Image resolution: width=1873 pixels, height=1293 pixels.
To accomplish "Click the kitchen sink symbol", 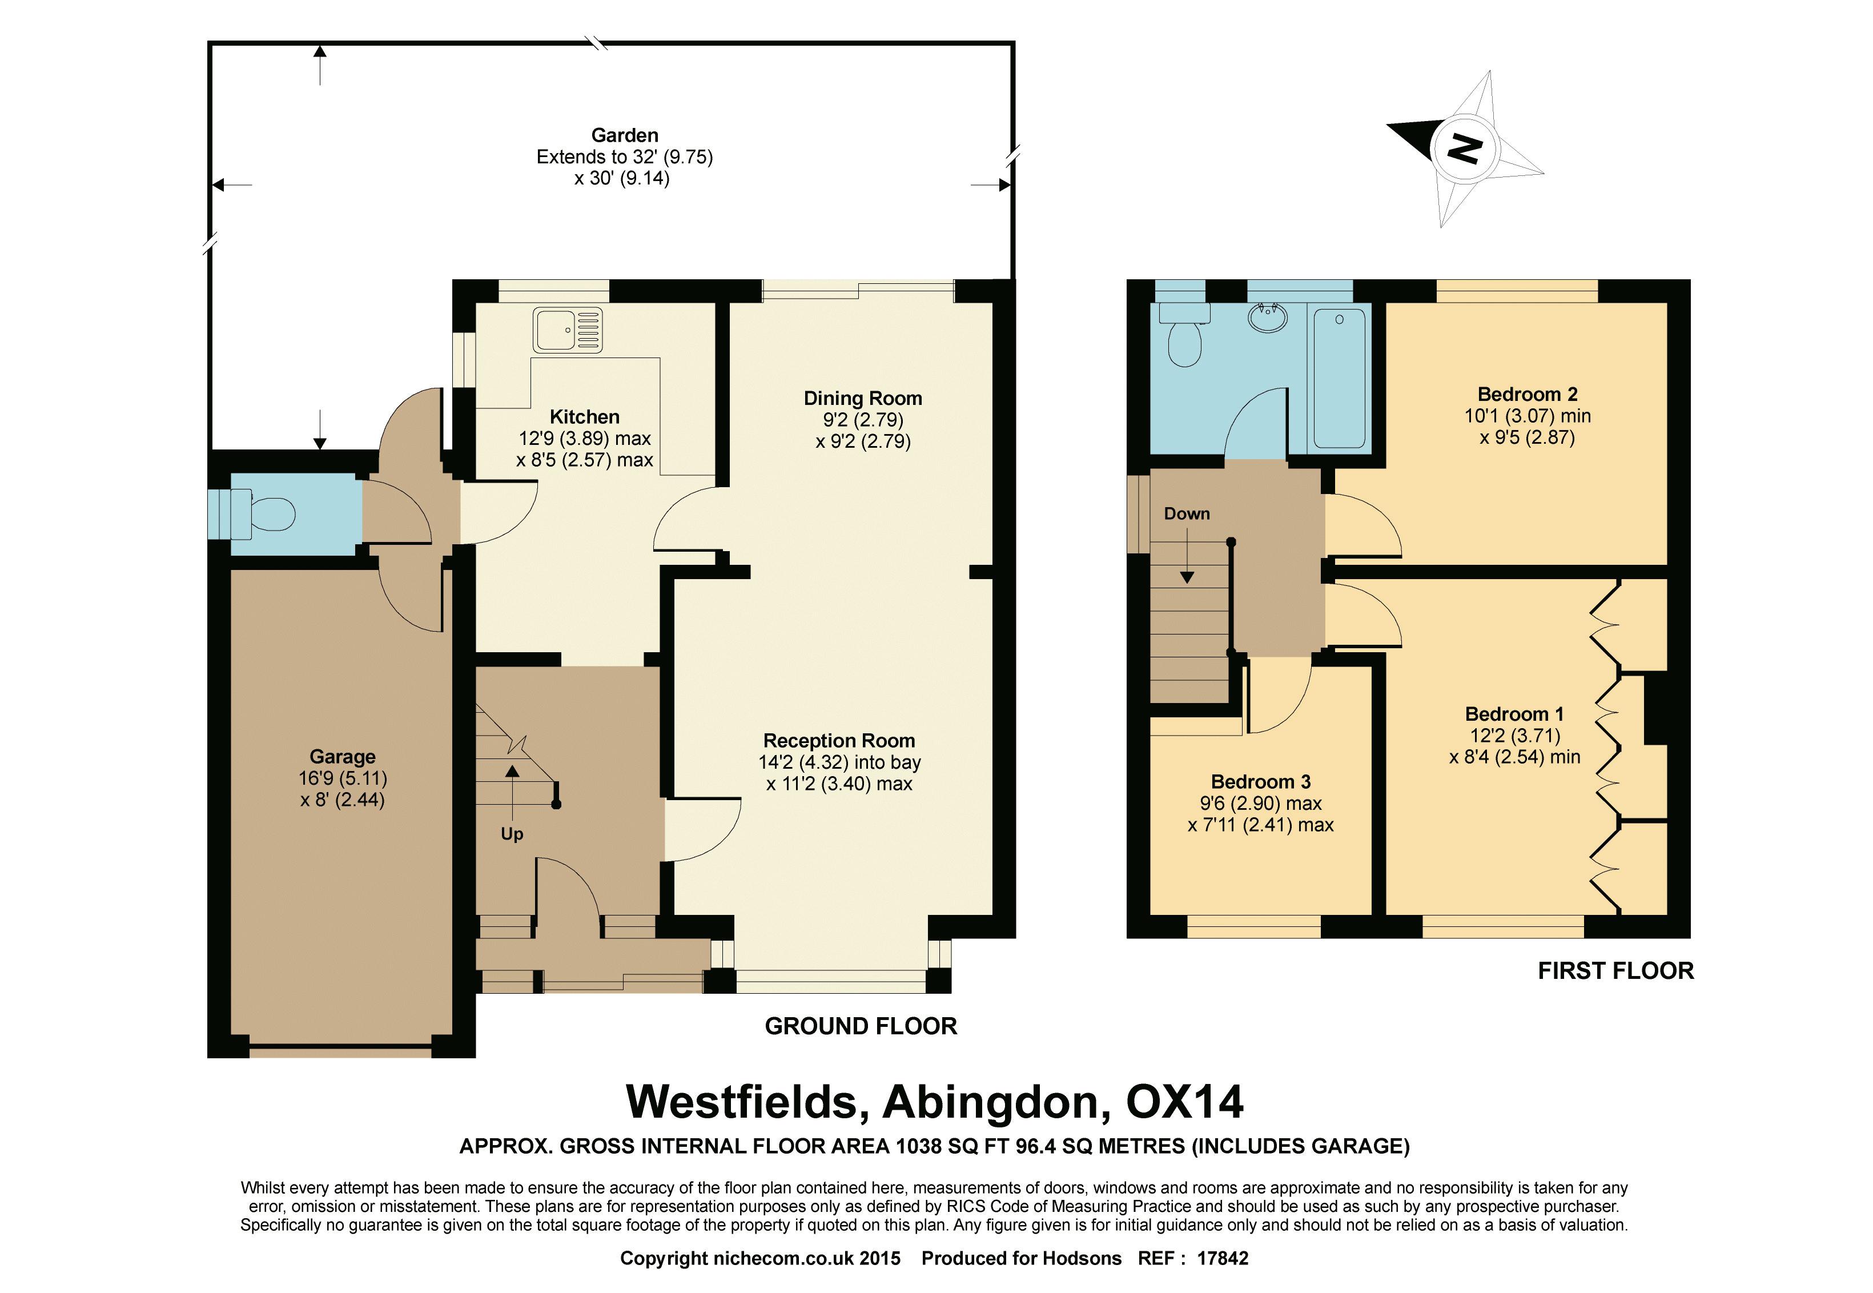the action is click(567, 330).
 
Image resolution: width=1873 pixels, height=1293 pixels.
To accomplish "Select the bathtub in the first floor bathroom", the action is click(1339, 378).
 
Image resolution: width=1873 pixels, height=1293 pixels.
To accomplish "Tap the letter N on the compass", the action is click(1465, 149).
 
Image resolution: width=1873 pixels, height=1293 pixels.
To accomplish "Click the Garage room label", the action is click(343, 757).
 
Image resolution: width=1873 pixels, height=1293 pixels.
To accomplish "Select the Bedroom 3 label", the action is click(1260, 782).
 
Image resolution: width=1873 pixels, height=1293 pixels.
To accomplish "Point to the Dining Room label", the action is click(863, 399).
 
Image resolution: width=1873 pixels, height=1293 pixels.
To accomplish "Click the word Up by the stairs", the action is click(512, 834).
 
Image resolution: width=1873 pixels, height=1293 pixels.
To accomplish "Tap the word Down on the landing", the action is click(1187, 513).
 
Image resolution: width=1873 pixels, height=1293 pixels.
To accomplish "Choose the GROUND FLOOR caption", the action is click(861, 1026).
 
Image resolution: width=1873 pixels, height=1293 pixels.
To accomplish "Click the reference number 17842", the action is click(1223, 1258).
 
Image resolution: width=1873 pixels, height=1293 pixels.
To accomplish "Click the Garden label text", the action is click(625, 135).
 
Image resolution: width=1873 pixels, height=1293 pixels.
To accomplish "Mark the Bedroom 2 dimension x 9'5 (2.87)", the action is click(1527, 437).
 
